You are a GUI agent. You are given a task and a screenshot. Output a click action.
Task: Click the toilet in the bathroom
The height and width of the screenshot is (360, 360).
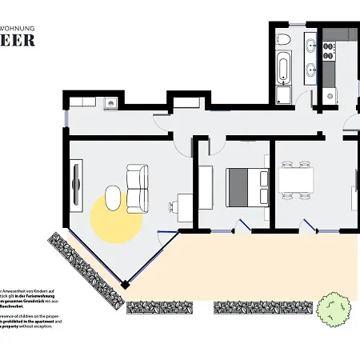[283, 40]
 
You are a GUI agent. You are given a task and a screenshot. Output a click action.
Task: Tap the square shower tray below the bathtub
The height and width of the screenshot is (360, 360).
[282, 95]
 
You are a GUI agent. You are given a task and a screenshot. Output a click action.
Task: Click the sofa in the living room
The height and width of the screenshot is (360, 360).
[138, 188]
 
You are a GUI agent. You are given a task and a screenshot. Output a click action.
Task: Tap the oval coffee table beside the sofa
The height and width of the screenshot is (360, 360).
[113, 198]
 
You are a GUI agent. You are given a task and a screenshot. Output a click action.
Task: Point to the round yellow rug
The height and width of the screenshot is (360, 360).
[115, 218]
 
